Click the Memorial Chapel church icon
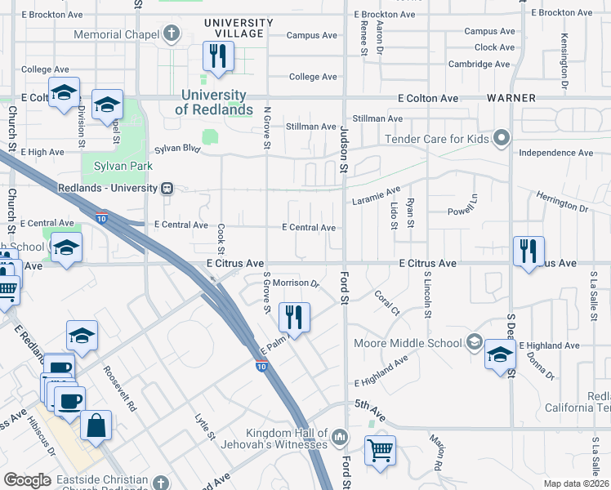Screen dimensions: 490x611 [x=171, y=34]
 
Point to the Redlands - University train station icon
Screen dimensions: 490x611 [x=167, y=188]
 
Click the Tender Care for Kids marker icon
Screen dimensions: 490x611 [x=502, y=138]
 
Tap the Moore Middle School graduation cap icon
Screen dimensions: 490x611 [x=475, y=343]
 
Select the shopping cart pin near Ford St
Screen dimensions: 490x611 [x=380, y=450]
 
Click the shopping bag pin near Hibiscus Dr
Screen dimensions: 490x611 [x=96, y=425]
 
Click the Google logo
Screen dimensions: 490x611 [x=28, y=480]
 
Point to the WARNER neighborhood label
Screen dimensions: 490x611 [x=511, y=98]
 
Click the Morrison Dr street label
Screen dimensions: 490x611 [x=295, y=283]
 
